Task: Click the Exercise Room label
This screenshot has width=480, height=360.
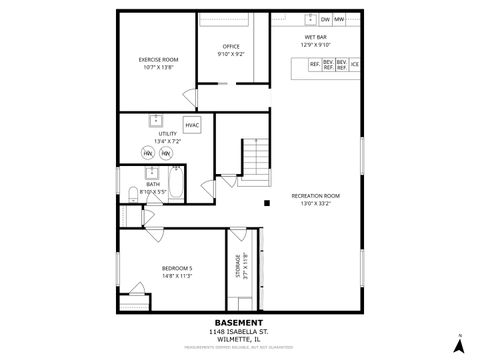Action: point(158,64)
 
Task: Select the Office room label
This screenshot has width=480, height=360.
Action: point(231,50)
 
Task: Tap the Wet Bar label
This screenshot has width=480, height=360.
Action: point(316,41)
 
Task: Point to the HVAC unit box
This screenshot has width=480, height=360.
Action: point(192,125)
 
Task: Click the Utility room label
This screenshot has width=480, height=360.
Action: point(167,137)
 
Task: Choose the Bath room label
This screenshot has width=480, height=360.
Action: point(153,187)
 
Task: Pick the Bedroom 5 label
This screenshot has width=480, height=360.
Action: point(177,271)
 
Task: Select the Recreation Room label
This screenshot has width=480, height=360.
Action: point(315,199)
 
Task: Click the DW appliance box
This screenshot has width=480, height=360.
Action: point(325,19)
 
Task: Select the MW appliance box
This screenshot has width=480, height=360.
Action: point(339,19)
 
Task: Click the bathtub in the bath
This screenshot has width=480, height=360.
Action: point(176,186)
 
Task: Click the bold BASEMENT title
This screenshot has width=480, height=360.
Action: point(240,323)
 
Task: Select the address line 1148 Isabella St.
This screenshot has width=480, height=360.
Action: point(240,331)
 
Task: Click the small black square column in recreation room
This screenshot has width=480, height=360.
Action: point(267,203)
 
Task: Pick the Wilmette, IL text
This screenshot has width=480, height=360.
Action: point(240,339)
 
